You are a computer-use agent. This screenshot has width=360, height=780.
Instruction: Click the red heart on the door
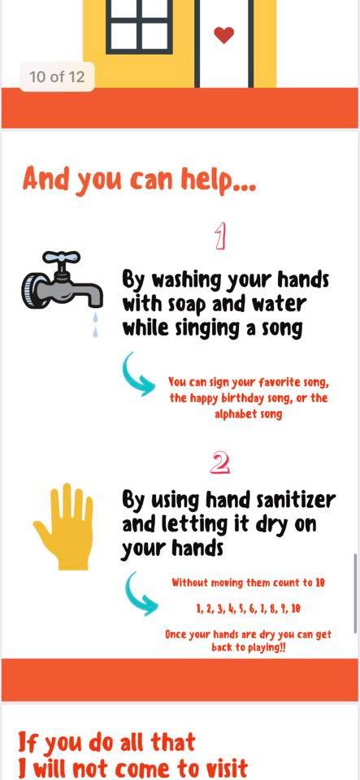223,34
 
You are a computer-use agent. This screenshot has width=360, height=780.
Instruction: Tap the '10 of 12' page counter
57,76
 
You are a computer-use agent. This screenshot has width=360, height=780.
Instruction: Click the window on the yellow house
140,26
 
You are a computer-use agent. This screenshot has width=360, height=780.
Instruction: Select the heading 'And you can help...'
139,181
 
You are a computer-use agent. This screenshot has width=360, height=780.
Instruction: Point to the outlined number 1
221,236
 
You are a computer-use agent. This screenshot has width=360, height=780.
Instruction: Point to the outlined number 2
219,464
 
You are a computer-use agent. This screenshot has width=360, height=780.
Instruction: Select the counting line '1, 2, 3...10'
248,609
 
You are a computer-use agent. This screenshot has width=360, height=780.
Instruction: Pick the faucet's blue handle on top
61,258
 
